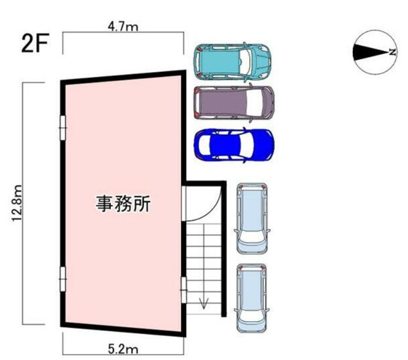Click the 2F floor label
click(34, 45)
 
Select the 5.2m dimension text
click(124, 350)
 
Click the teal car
click(234, 60)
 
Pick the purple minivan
click(234, 102)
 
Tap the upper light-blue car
click(252, 218)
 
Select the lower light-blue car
click(252, 298)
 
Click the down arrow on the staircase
click(204, 302)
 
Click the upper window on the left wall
click(63, 127)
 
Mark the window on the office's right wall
click(183, 285)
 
